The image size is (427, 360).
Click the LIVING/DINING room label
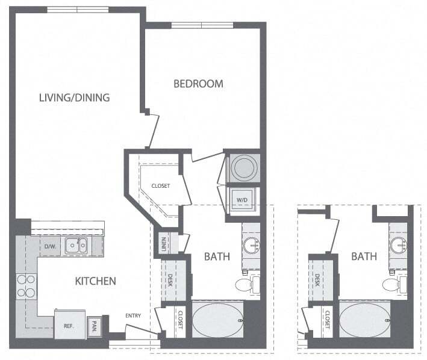pos(74,97)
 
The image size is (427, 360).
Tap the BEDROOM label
pos(198,84)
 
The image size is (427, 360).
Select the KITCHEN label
pos(95,281)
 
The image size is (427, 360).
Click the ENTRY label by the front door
pos(134,315)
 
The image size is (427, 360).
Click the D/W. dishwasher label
pos(49,246)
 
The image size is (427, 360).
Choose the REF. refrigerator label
pos(69,326)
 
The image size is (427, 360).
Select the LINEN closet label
pos(163,243)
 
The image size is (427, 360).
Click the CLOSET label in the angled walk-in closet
pos(160,186)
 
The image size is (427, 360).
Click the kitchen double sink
pos(76,244)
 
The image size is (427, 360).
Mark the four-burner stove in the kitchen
pos(26,286)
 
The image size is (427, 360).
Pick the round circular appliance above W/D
pos(245,168)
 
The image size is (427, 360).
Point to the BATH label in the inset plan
pos(364,256)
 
